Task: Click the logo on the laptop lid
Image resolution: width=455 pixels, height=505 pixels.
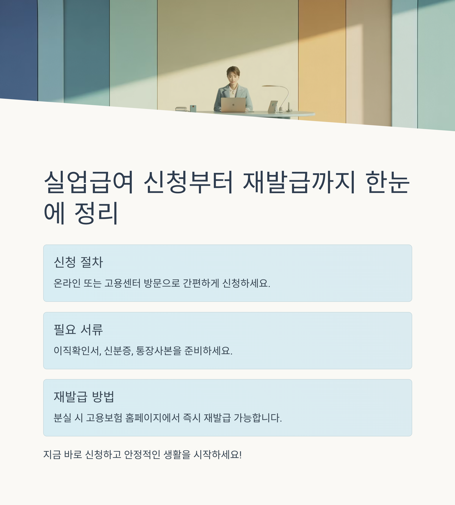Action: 233,105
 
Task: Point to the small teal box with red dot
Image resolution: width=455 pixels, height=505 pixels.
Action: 193,108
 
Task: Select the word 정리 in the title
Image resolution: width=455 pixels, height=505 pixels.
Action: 96,213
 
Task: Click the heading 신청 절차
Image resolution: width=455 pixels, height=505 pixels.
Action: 78,262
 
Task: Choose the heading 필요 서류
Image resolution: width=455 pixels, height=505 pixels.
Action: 78,329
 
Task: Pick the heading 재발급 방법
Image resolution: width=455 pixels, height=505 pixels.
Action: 84,397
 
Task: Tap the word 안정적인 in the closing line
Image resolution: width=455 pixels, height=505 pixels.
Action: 142,454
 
